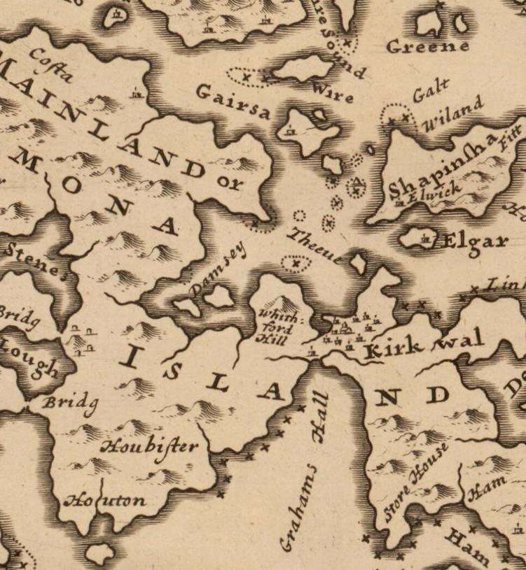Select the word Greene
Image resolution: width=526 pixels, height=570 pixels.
click(x=427, y=47)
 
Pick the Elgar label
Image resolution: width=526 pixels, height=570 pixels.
click(x=475, y=242)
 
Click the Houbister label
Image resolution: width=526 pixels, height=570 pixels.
click(x=149, y=446)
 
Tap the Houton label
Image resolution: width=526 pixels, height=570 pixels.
click(x=105, y=500)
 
